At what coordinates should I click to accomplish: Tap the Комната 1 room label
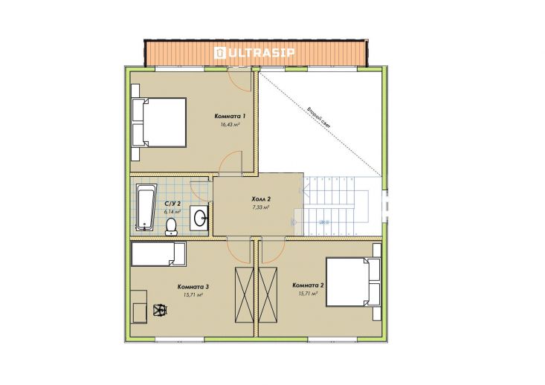pyautogui.click(x=230, y=116)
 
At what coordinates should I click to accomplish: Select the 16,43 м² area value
pyautogui.click(x=230, y=123)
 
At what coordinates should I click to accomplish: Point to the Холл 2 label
pyautogui.click(x=261, y=199)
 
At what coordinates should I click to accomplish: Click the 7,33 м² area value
pyautogui.click(x=261, y=207)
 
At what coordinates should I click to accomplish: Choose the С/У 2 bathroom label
pyautogui.click(x=172, y=204)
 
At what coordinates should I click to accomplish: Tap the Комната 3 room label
pyautogui.click(x=193, y=287)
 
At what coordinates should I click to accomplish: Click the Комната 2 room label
pyautogui.click(x=309, y=285)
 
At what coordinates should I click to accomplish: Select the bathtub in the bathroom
pyautogui.click(x=146, y=207)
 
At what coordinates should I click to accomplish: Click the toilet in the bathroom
pyautogui.click(x=171, y=226)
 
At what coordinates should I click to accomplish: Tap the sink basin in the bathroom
pyautogui.click(x=199, y=218)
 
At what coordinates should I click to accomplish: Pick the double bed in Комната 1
pyautogui.click(x=159, y=123)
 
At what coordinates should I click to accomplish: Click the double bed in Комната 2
pyautogui.click(x=353, y=282)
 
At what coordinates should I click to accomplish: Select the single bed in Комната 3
pyautogui.click(x=158, y=254)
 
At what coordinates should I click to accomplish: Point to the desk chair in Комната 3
pyautogui.click(x=161, y=309)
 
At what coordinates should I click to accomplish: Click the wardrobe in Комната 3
pyautogui.click(x=245, y=295)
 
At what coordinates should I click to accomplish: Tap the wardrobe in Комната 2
pyautogui.click(x=268, y=295)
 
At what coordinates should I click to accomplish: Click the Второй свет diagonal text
pyautogui.click(x=319, y=117)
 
